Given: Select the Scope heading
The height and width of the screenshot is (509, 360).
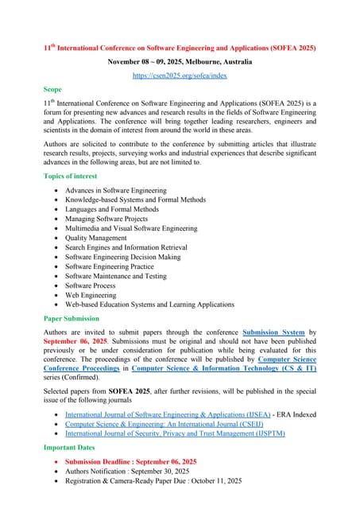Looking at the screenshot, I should (52, 90).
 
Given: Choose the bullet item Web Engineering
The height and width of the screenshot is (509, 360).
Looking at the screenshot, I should (92, 293).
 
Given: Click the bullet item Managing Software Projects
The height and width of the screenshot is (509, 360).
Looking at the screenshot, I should (106, 218).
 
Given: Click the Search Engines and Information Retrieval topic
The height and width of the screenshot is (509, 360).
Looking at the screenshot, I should (130, 247).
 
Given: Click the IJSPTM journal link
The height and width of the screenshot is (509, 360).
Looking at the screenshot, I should (175, 433).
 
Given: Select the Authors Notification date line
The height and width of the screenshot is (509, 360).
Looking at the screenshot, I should (131, 471).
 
